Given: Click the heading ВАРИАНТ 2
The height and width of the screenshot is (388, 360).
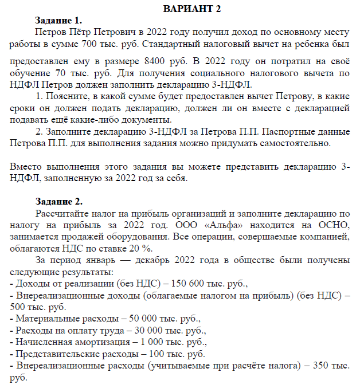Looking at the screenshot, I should coord(191,9).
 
